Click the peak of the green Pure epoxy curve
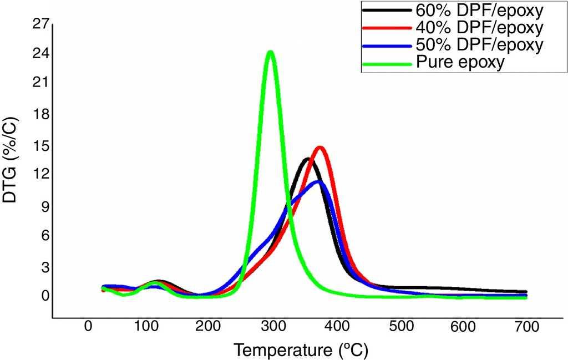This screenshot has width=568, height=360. [270, 52]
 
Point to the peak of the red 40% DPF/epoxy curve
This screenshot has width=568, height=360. [319, 148]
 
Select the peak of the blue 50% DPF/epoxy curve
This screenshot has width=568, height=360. [317, 182]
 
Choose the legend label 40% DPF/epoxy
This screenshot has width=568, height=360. [478, 27]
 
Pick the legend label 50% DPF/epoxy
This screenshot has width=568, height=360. [478, 44]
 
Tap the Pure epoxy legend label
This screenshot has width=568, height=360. [460, 62]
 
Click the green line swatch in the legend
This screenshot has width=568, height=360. [387, 63]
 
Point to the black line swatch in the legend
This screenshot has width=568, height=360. [387, 10]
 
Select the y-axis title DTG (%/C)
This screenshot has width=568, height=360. [11, 159]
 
